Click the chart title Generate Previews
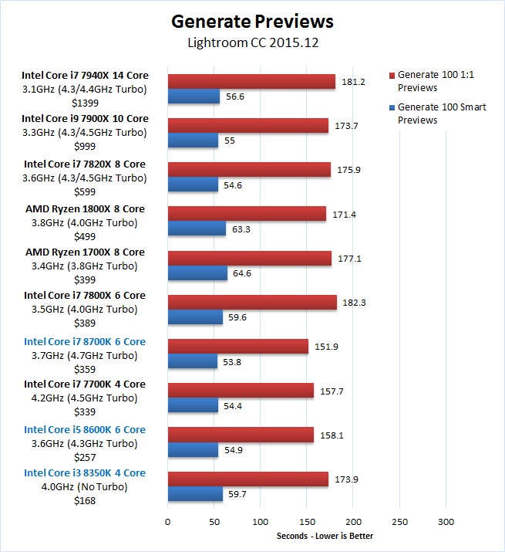[252, 20]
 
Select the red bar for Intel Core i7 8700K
[237, 347]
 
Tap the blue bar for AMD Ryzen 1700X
[197, 273]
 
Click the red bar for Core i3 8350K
[247, 479]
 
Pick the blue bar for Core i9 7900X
[193, 141]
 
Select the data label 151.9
[324, 347]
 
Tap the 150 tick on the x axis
[307, 521]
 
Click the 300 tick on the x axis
[446, 521]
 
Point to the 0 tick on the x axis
[167, 521]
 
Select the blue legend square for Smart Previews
[392, 107]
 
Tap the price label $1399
[85, 102]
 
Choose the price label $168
[85, 500]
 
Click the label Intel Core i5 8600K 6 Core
[85, 430]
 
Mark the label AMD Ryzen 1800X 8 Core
[85, 209]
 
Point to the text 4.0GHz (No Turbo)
[85, 486]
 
